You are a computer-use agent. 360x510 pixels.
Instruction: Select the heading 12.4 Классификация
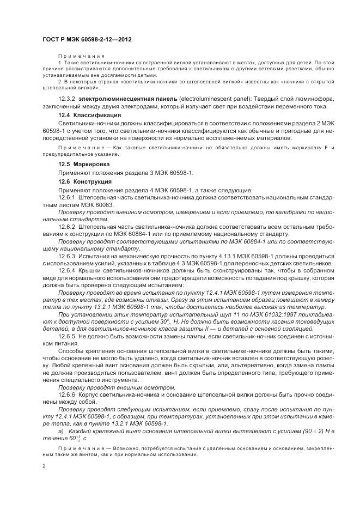click(89, 116)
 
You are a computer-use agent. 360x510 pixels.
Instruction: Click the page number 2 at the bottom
click(44, 467)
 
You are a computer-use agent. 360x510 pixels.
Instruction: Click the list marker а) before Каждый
click(60, 430)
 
